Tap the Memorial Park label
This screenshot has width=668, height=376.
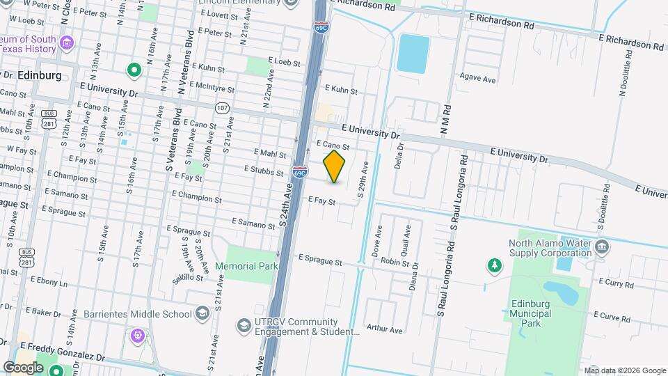pyautogui.click(x=246, y=267)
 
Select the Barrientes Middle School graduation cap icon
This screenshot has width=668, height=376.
pyautogui.click(x=202, y=313)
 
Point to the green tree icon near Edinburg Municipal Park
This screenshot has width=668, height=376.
pyautogui.click(x=494, y=265)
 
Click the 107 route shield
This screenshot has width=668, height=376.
pyautogui.click(x=222, y=108)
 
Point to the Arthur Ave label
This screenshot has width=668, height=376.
pyautogui.click(x=385, y=329)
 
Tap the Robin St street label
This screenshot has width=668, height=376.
pyautogui.click(x=395, y=262)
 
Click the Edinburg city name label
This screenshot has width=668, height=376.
pyautogui.click(x=39, y=75)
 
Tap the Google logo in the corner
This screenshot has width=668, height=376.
pyautogui.click(x=23, y=366)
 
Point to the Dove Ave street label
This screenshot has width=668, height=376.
pyautogui.click(x=379, y=241)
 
